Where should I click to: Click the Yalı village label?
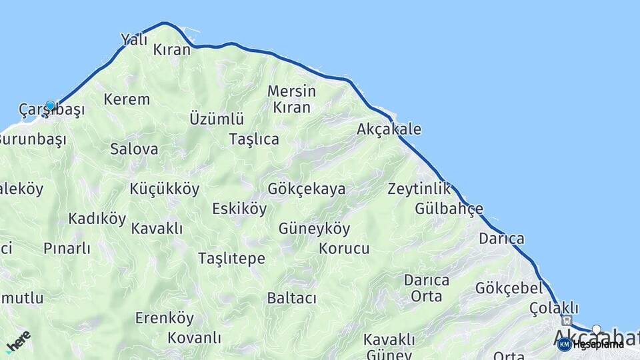(x=133, y=39)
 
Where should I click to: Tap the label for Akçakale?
(x=389, y=129)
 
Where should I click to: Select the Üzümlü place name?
(x=217, y=119)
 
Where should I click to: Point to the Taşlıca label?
(x=253, y=139)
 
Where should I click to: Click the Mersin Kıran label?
(x=291, y=99)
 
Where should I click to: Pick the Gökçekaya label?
(x=307, y=189)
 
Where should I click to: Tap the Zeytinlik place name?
(x=419, y=189)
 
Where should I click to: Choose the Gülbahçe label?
(x=449, y=209)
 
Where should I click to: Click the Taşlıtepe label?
(x=231, y=259)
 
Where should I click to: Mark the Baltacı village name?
(x=291, y=298)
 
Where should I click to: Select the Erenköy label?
(x=165, y=318)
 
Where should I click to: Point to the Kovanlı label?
(x=194, y=337)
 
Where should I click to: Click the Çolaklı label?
(x=553, y=308)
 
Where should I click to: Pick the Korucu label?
(x=344, y=249)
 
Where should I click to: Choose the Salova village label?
(x=134, y=149)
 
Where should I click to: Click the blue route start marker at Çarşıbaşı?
(x=50, y=105)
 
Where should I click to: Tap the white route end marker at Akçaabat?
(x=597, y=329)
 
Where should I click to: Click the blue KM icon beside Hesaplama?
(x=564, y=344)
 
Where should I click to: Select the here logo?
(x=18, y=341)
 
